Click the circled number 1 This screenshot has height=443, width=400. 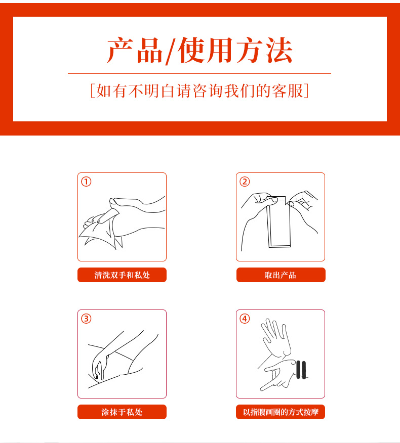[x=86, y=182]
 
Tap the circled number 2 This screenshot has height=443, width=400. [x=245, y=182]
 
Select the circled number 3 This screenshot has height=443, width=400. [x=86, y=319]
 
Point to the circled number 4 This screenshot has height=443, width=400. [x=245, y=319]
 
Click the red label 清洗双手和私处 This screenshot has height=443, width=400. [x=122, y=275]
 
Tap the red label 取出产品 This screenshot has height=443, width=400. [x=281, y=275]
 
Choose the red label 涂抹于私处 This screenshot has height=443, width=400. [x=122, y=412]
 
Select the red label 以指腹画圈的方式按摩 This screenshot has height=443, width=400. [x=281, y=412]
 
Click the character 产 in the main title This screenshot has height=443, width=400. [x=120, y=50]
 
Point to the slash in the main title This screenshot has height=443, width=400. [x=171, y=52]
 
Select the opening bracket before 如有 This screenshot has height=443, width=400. [x=92, y=91]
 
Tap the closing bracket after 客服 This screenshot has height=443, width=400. [x=306, y=91]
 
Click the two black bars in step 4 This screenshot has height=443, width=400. [x=301, y=370]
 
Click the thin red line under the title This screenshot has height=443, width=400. [x=199, y=73]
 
